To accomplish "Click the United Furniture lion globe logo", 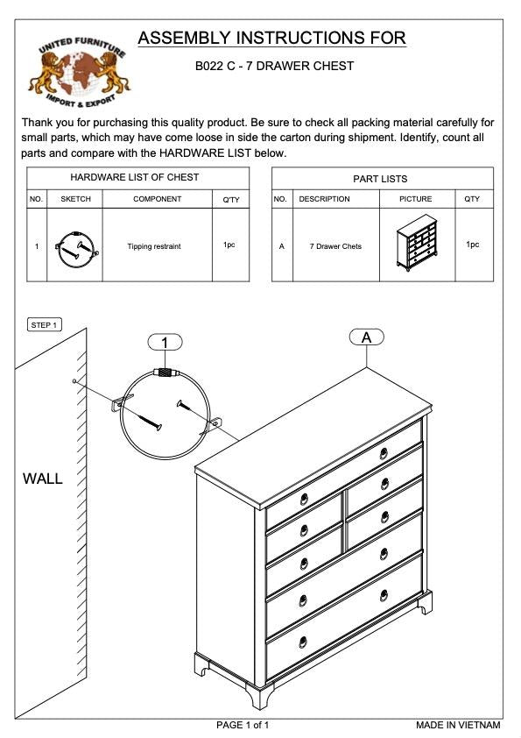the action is coord(79,72).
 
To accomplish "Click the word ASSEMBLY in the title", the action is coord(184,38).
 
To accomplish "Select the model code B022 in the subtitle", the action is coord(208,66).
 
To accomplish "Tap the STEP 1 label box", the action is coord(45,325).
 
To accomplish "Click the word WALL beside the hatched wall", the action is coord(43,479).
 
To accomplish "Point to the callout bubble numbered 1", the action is coord(165,342).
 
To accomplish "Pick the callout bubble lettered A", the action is coord(366,337).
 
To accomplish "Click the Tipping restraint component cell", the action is coord(154,246).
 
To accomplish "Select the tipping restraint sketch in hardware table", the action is coord(77,248).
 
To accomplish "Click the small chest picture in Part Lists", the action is coord(417,243).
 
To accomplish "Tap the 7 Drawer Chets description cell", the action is coord(335,246).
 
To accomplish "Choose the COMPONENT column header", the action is coord(157,199).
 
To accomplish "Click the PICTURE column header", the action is coord(416,199).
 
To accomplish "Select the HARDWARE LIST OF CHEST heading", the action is coord(135,177).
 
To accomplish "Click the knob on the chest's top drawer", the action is coord(384,453).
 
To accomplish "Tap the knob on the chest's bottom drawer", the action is coord(303,642).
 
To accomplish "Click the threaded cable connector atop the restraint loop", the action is coord(166,372).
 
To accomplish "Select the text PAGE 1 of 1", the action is coord(243,725).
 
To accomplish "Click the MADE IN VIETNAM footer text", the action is coord(458,725).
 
